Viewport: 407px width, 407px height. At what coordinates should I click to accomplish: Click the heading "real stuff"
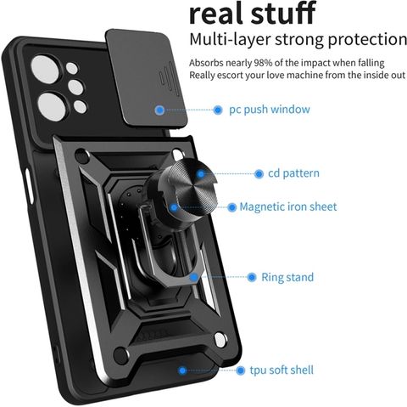[252, 13]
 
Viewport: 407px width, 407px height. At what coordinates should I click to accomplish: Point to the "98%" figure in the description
[263, 63]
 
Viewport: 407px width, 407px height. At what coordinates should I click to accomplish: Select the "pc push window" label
[270, 110]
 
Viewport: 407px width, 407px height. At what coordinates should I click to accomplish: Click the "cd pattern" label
[293, 173]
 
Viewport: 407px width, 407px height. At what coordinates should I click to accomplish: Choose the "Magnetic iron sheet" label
[288, 206]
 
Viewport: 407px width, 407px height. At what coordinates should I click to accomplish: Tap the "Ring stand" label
[287, 277]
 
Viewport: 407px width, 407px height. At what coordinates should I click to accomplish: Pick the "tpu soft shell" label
[282, 370]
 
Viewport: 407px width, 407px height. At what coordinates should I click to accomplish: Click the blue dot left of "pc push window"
[218, 110]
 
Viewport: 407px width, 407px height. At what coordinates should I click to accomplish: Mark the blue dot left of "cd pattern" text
[259, 173]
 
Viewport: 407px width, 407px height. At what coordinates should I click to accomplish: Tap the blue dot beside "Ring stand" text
[252, 277]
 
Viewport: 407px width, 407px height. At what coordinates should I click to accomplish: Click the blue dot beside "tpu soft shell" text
[240, 370]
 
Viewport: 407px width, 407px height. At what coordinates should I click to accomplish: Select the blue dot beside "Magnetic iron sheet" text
[231, 207]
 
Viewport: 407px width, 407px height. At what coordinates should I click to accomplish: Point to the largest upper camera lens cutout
[45, 69]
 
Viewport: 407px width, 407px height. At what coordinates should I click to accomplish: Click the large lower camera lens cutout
[53, 107]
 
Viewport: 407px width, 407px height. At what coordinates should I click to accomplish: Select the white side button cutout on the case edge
[29, 186]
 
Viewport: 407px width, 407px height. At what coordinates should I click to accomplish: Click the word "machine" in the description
[304, 76]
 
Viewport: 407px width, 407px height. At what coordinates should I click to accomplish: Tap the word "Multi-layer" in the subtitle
[230, 39]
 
